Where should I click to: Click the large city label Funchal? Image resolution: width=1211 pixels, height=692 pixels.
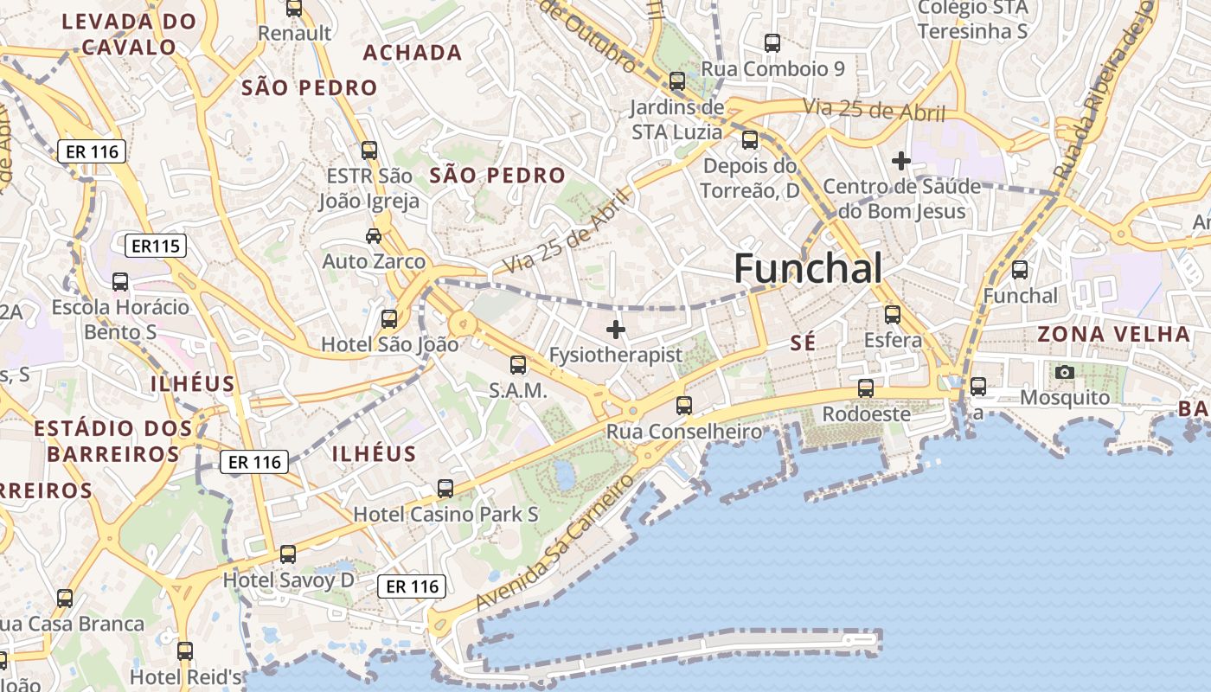tap(808, 269)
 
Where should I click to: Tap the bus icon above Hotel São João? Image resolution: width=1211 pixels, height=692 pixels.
tap(389, 318)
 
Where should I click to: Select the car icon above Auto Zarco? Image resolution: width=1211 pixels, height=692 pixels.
tap(374, 235)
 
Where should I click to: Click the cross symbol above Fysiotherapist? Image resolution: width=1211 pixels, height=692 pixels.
tap(616, 330)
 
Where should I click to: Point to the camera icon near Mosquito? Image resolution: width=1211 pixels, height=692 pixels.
tap(1065, 372)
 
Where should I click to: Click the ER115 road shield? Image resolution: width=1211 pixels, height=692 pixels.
tap(156, 247)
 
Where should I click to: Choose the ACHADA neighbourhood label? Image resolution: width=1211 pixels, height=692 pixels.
tap(412, 53)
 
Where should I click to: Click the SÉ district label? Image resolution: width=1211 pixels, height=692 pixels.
tap(803, 343)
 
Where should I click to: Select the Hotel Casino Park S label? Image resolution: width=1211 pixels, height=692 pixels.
tap(445, 514)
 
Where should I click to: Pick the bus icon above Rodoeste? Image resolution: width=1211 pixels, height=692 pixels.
tap(866, 388)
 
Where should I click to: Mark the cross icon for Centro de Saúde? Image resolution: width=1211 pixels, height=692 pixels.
tap(901, 160)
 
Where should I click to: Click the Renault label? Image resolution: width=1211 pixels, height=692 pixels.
tap(295, 33)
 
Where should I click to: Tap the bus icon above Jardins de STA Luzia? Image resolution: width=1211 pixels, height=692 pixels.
tap(677, 81)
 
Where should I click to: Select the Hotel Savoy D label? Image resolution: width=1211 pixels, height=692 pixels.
tap(289, 580)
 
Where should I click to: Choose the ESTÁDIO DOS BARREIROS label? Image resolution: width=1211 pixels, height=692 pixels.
tap(113, 440)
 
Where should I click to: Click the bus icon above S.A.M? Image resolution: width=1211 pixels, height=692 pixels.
tap(518, 365)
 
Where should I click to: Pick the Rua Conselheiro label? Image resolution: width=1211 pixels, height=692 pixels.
tap(683, 431)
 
